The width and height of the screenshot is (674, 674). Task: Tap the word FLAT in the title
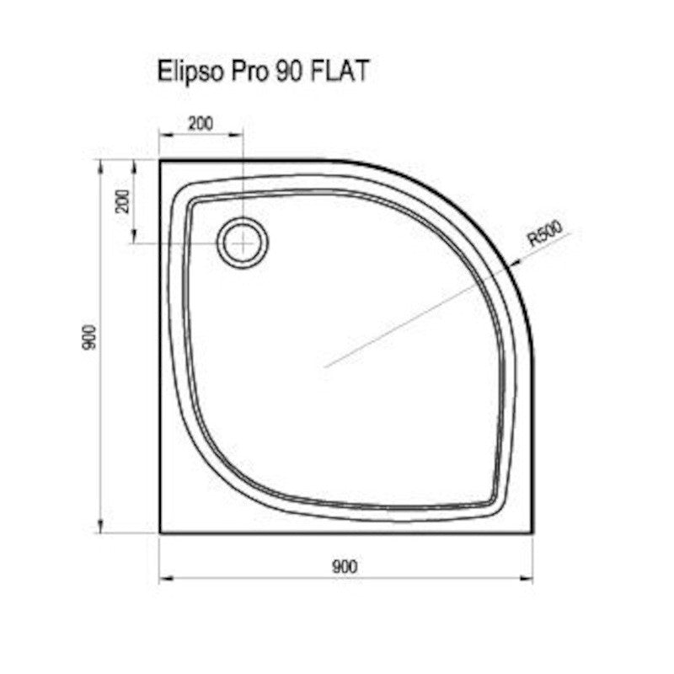(x=339, y=71)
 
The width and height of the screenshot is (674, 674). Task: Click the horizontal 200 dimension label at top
(x=201, y=124)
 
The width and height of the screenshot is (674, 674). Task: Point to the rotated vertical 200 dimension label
(x=123, y=201)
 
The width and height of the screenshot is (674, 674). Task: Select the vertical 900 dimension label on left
(x=91, y=338)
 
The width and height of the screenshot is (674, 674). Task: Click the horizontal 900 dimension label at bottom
(x=345, y=566)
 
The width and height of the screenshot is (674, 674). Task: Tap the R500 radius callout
(x=545, y=233)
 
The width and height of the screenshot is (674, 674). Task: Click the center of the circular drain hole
(x=243, y=243)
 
